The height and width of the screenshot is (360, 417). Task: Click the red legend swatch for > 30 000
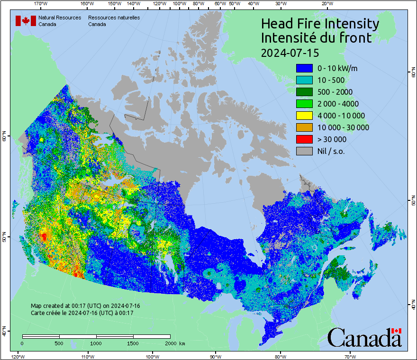(304, 139)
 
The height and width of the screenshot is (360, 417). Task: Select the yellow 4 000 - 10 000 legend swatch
(304, 116)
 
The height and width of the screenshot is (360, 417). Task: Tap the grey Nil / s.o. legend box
(304, 151)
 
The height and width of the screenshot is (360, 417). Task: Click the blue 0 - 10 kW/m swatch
(304, 68)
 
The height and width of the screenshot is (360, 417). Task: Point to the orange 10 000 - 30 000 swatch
(304, 127)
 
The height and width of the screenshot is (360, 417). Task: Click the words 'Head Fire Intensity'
(320, 24)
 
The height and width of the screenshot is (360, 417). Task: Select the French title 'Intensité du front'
(316, 38)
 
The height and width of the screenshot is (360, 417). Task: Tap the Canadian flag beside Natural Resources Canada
(26, 20)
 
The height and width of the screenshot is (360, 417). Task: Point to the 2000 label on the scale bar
(170, 343)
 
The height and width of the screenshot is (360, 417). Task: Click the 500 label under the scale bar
(59, 343)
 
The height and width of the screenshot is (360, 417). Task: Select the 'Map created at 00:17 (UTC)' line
(85, 306)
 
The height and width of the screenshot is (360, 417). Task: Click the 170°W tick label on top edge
(41, 4)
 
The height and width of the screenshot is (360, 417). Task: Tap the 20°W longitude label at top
(326, 4)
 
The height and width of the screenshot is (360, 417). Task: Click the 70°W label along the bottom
(350, 356)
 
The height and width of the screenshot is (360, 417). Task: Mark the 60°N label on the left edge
(4, 137)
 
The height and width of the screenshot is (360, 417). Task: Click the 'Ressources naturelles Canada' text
(114, 20)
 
